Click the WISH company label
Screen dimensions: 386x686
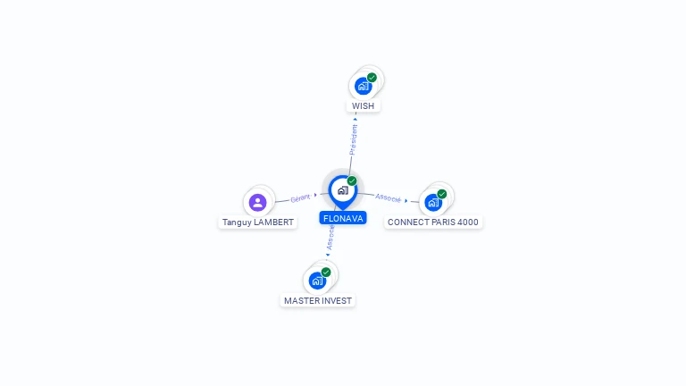364,105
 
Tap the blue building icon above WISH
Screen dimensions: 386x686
363,86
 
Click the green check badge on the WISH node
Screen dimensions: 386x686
372,78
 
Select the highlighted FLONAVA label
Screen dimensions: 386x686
343,218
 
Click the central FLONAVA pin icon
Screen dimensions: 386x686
342,190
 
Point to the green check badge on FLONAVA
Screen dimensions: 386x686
352,181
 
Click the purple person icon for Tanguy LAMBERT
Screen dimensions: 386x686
258,203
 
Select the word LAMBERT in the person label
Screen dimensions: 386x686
272,222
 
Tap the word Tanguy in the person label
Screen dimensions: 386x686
237,222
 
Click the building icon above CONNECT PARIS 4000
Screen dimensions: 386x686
433,203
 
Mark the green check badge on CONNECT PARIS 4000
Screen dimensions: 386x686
442,194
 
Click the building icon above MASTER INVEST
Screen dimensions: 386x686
317,281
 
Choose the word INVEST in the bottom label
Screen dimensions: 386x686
336,301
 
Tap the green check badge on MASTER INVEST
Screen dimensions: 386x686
326,272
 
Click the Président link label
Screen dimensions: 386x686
353,141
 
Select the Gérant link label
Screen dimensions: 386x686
300,197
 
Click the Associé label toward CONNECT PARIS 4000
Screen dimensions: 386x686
388,197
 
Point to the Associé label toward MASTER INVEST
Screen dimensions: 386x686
331,236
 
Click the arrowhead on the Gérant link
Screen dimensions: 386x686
316,195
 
